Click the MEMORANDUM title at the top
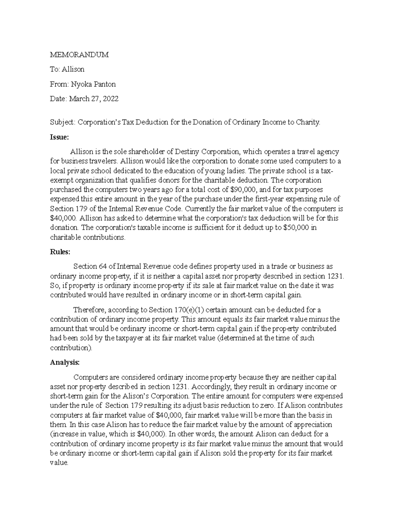tap(79, 55)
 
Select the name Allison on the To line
tap(72, 69)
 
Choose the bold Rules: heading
tap(60, 252)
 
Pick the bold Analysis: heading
tap(65, 362)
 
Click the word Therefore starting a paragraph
tap(89, 310)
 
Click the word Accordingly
tap(211, 387)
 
